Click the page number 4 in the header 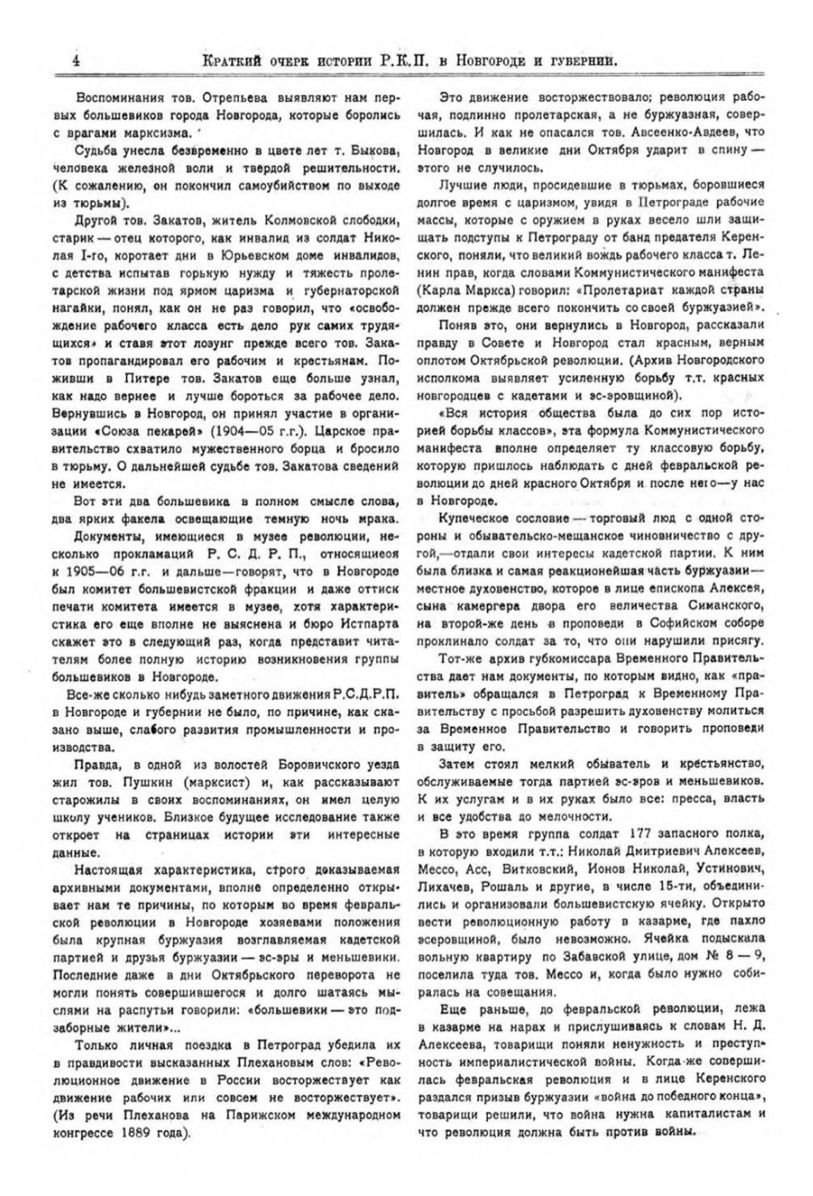[75, 61]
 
